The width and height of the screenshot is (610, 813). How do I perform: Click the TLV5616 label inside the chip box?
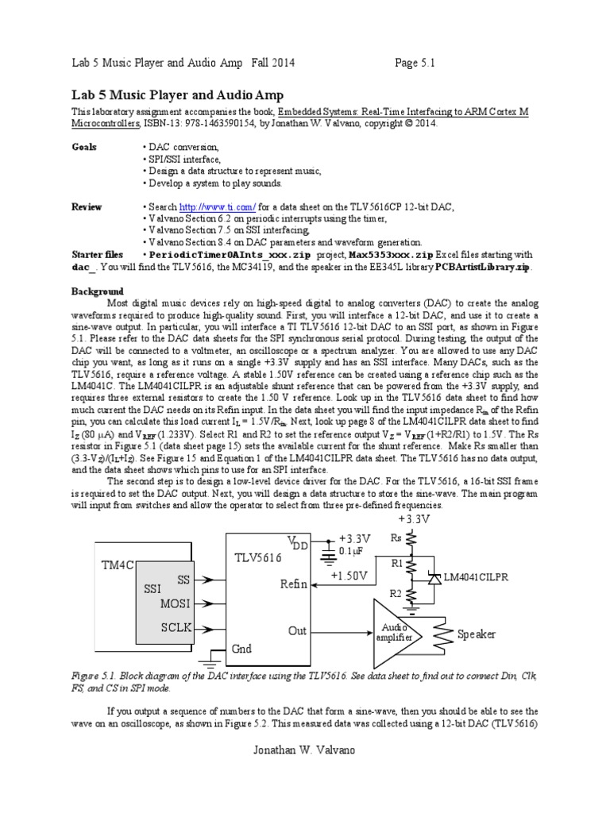[257, 557]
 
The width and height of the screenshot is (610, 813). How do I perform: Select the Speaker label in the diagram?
[477, 634]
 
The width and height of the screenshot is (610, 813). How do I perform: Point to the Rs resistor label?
[398, 538]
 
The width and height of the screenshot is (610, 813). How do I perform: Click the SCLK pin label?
[176, 627]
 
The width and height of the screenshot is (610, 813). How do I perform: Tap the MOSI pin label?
[176, 603]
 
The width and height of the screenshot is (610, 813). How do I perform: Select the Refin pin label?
[293, 584]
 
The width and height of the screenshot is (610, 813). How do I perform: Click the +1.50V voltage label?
[349, 576]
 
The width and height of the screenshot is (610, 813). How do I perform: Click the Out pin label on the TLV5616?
[297, 630]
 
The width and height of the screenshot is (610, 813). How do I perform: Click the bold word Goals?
[84, 148]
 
